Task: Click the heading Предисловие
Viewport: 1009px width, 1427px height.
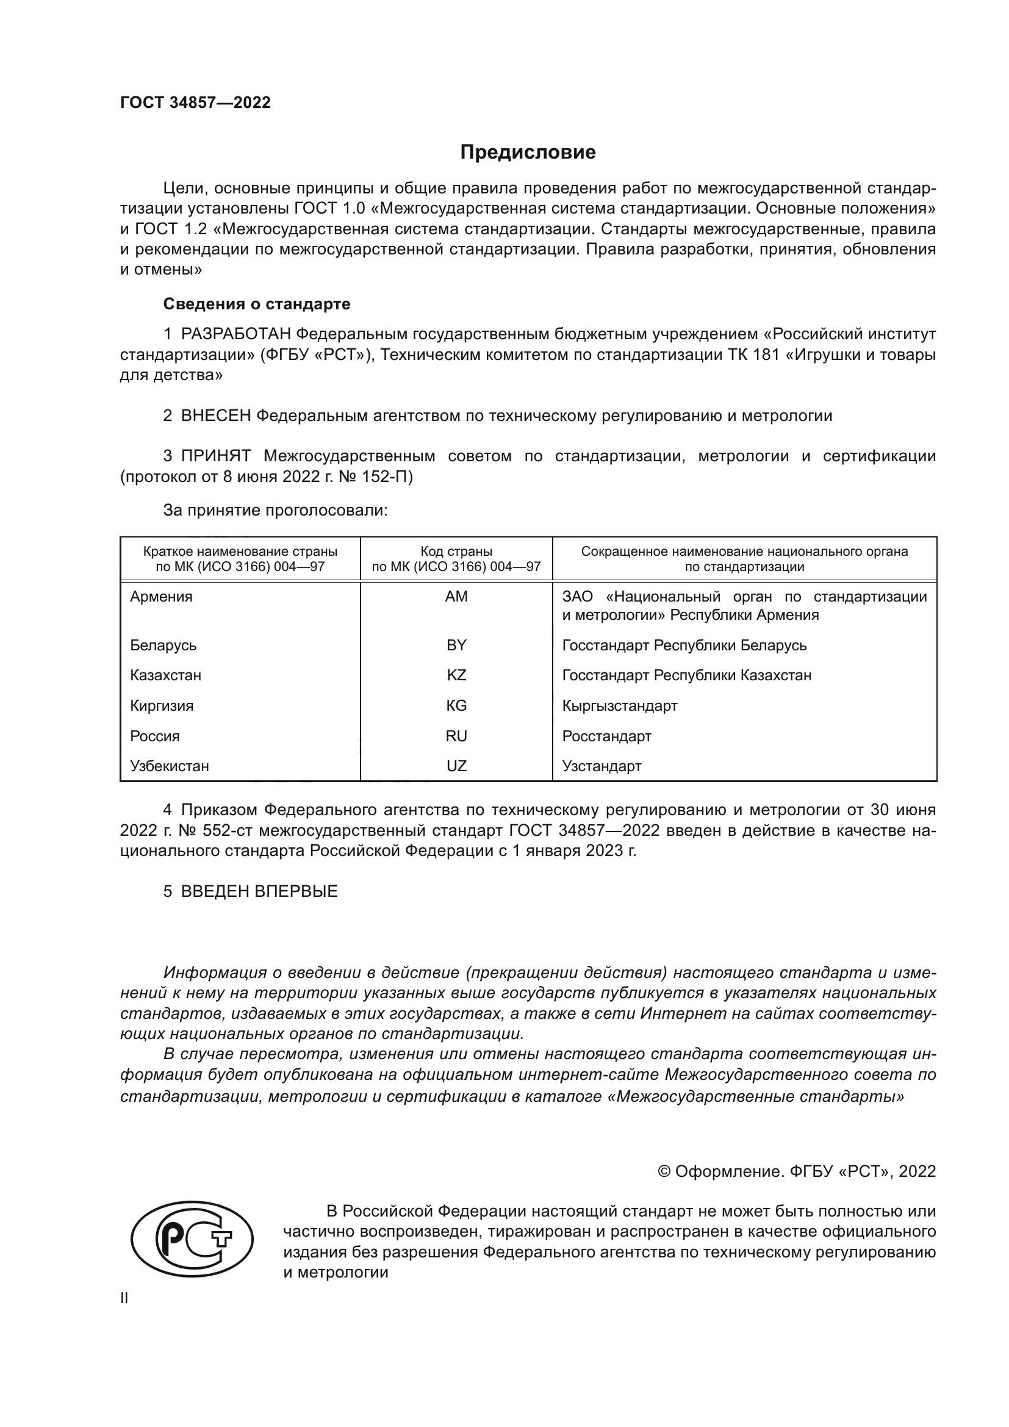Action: point(528,153)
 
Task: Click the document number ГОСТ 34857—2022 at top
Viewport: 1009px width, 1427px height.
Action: point(195,102)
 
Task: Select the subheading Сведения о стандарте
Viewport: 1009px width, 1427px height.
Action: point(257,304)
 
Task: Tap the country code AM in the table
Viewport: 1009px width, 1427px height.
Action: point(456,597)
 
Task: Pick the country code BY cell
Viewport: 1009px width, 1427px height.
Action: point(456,645)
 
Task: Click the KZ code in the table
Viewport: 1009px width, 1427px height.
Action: point(456,675)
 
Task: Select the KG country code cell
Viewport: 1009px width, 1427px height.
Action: point(456,705)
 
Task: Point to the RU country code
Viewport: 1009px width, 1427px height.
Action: point(456,736)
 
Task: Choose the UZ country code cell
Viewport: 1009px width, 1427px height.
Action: point(456,766)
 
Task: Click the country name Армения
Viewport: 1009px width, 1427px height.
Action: point(161,597)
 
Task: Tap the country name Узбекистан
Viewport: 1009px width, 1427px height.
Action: point(169,766)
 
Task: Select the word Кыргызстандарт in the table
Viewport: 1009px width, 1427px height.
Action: point(619,705)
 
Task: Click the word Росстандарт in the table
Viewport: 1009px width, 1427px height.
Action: point(606,736)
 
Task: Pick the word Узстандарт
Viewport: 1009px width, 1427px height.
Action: point(601,766)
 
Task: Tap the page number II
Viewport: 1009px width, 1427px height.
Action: point(124,1298)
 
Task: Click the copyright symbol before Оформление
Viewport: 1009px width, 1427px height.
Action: point(664,1171)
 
